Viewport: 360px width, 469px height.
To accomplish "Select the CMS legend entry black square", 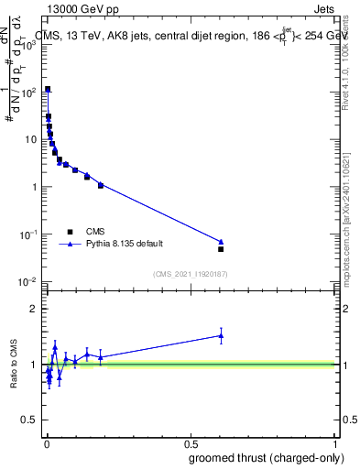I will click(69, 232).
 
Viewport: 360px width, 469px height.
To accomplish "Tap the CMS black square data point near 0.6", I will click(221, 249).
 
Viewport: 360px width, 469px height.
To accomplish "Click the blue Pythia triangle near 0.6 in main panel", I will click(221, 242).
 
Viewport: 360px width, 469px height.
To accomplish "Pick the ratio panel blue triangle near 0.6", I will click(221, 335).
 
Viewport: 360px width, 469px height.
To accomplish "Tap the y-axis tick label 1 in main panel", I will click(34, 187).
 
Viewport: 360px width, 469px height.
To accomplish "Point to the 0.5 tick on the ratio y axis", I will click(29, 422).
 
